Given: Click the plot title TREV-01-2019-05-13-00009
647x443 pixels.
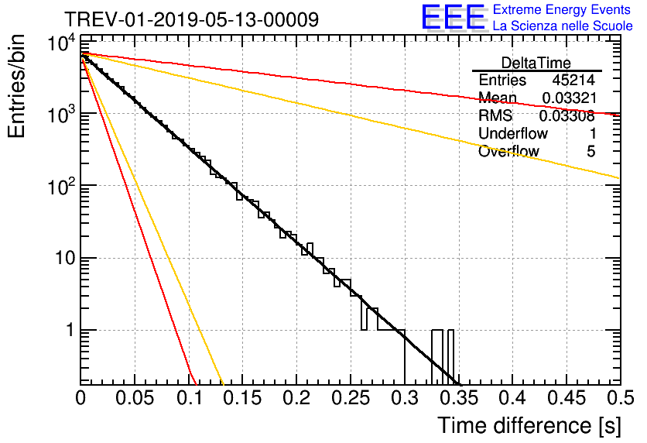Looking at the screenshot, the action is click(191, 19).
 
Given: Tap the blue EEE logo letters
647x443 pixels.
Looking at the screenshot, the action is click(453, 17).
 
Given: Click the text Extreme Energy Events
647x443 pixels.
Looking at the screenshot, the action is click(562, 9).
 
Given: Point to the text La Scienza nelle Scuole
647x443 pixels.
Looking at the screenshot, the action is click(563, 26).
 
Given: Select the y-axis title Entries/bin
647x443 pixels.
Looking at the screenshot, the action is click(16, 86).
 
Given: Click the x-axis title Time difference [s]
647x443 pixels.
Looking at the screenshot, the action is click(529, 425).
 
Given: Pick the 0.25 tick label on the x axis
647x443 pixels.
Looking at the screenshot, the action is click(351, 398).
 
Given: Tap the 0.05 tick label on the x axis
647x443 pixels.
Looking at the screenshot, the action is click(135, 398).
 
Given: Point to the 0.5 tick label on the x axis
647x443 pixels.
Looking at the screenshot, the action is click(620, 398).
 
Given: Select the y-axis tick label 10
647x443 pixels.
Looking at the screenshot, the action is click(65, 259).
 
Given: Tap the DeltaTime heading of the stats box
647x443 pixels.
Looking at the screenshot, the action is click(536, 63).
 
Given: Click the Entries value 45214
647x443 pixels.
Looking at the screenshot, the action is click(573, 80).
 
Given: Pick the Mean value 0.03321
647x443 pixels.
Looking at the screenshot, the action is click(570, 98).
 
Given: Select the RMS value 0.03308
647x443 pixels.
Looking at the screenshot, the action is click(567, 115).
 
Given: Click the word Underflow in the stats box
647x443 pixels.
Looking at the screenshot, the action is click(513, 133).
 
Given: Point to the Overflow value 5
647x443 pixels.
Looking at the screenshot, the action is click(591, 151).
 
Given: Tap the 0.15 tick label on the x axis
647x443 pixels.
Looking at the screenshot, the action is click(242, 398).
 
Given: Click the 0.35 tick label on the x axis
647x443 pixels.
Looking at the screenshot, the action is click(458, 398).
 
